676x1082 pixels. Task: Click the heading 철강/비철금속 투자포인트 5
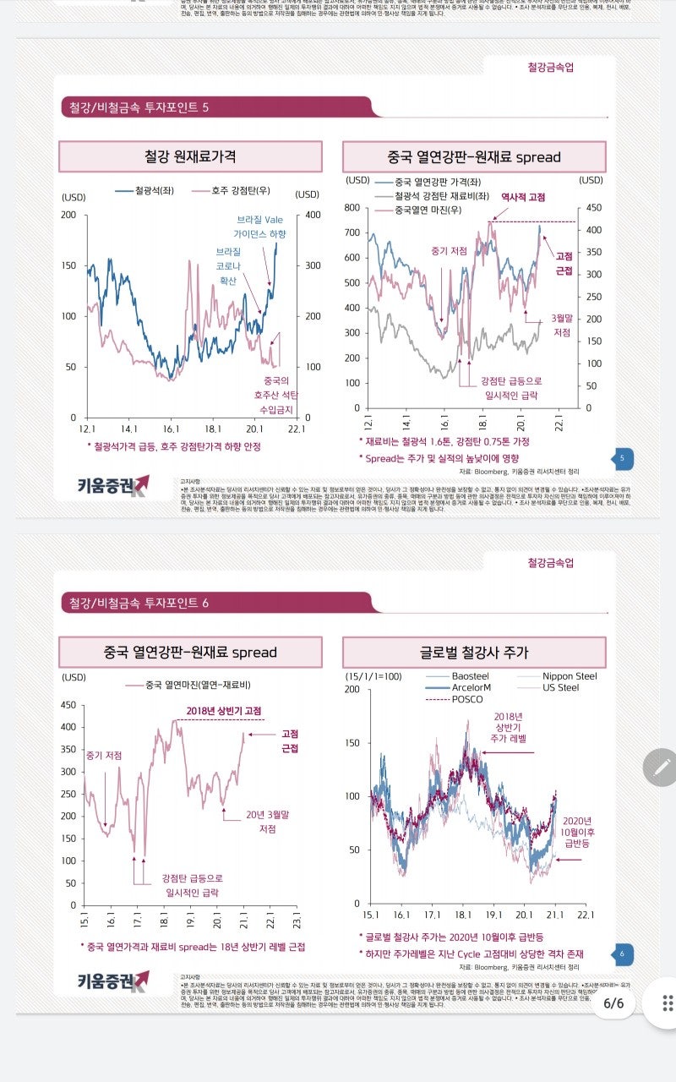(x=139, y=107)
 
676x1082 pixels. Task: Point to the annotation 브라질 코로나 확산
(x=228, y=266)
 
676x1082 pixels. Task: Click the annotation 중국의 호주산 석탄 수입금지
(x=277, y=395)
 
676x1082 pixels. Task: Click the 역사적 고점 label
(x=523, y=196)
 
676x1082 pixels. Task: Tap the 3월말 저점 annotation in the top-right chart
(x=562, y=325)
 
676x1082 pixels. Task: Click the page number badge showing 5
(x=621, y=459)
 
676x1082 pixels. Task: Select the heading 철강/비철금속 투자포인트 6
(x=139, y=603)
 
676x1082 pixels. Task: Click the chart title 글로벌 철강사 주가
(x=474, y=653)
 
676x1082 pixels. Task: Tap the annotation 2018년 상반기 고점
(x=224, y=710)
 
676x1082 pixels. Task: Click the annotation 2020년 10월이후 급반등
(x=578, y=832)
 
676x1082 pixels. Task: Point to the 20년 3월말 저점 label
(x=268, y=822)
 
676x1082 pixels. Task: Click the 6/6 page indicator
(x=613, y=1003)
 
